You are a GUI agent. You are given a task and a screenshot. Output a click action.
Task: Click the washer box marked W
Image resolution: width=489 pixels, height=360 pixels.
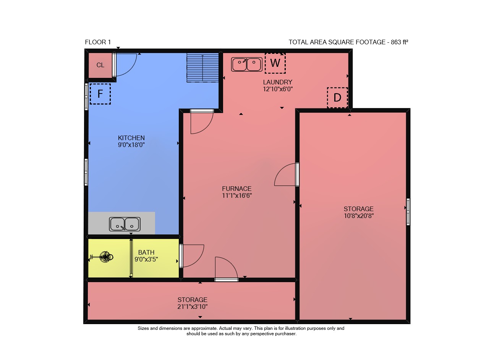pos(275,63)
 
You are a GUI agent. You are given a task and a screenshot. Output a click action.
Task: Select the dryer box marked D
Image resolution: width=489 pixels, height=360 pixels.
pos(337,97)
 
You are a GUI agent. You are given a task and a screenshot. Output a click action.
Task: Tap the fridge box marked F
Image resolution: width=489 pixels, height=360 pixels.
pos(100,94)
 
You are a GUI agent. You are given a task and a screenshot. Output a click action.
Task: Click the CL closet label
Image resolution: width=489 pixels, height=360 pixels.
pos(100,65)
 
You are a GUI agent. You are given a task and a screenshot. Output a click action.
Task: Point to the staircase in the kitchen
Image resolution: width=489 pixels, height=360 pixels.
pos(202,68)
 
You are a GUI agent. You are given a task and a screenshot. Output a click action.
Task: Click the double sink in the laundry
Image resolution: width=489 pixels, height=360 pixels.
pos(247,65)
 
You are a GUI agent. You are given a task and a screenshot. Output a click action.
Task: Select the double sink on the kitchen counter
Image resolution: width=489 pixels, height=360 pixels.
pos(125,224)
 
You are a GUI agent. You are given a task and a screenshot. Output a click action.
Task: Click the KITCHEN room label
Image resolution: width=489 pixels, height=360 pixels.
pos(131,138)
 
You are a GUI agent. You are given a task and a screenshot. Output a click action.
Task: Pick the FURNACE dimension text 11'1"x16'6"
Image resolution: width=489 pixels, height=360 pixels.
pos(237,195)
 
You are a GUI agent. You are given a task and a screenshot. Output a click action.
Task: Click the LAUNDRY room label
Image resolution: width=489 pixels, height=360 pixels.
pos(277,82)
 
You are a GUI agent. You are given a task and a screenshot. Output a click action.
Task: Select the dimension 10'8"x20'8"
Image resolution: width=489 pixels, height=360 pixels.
pos(359,216)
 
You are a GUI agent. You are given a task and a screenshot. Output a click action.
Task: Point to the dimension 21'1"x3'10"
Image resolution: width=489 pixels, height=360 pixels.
pos(192,307)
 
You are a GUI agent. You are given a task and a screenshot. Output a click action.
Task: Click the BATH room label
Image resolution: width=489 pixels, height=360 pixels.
pos(146,252)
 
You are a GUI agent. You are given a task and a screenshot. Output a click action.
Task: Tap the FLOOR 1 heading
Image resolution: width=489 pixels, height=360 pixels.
pos(98,42)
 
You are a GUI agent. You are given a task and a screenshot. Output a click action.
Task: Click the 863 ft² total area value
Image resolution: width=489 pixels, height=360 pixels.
pos(399,42)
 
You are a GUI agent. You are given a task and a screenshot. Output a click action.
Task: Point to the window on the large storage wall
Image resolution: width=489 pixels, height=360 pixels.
pos(408,211)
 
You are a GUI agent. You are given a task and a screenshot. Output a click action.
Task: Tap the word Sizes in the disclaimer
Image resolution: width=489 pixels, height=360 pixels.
pos(143,328)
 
